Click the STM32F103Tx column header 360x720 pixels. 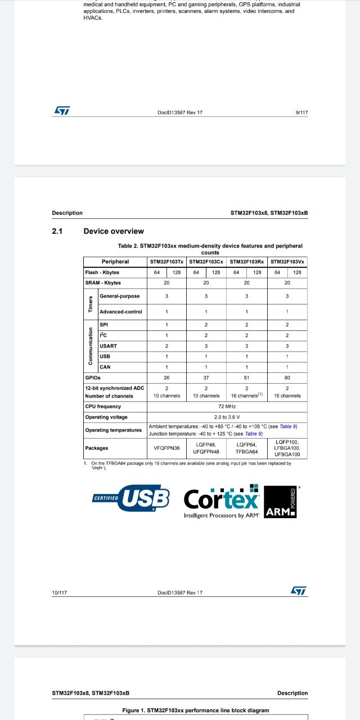click(x=166, y=262)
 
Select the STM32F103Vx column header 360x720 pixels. click(x=287, y=262)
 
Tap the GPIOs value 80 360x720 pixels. click(x=287, y=378)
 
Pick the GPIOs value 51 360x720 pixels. click(x=246, y=378)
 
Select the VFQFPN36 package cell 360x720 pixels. click(x=166, y=448)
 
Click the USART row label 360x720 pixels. click(x=109, y=346)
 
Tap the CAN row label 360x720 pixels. click(x=105, y=367)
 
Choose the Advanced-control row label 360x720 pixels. click(x=121, y=312)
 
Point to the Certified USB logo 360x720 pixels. click(x=131, y=498)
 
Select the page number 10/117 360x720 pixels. click(x=59, y=592)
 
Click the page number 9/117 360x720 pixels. click(x=301, y=112)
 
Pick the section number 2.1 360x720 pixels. click(x=57, y=231)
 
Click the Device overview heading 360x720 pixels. click(x=114, y=231)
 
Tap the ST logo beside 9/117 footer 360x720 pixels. click(x=61, y=111)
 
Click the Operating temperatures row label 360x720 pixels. click(x=114, y=430)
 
